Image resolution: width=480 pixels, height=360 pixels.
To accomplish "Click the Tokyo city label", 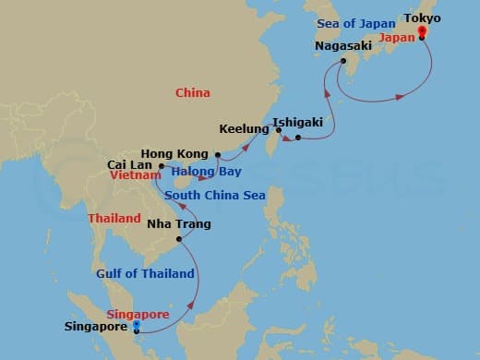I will click(423, 18).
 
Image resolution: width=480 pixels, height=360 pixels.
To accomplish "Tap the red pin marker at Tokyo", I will click(422, 32).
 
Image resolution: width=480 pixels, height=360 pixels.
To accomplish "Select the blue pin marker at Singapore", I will click(136, 325).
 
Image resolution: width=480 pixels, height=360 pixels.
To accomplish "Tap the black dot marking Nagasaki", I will click(343, 61).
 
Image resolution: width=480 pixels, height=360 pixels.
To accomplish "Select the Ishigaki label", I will click(295, 120).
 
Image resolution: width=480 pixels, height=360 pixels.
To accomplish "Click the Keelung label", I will click(244, 129).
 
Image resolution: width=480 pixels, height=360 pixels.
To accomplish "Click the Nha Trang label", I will click(179, 224).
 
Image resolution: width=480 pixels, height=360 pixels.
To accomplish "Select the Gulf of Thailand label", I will click(145, 273).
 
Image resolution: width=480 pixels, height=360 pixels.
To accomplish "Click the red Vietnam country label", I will click(132, 174).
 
